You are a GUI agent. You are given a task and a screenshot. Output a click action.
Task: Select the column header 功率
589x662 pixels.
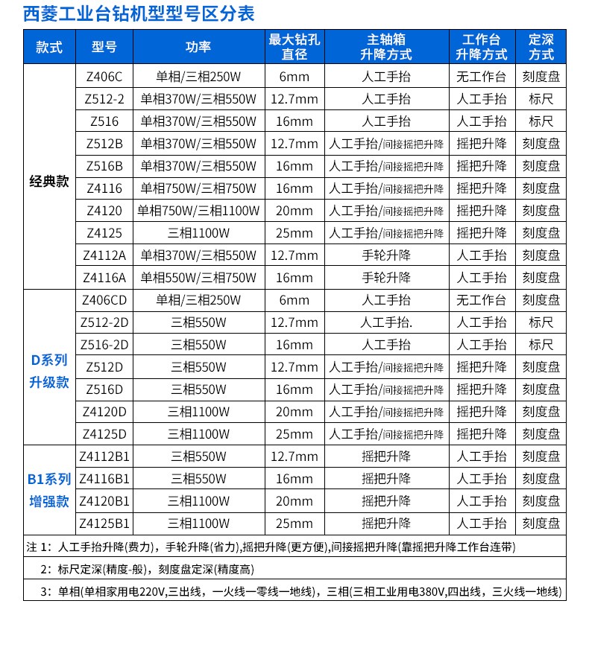pyautogui.click(x=198, y=46)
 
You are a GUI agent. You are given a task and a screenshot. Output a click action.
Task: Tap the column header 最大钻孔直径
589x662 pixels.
pyautogui.click(x=294, y=46)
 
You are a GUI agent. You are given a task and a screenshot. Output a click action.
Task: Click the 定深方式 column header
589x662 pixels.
pyautogui.click(x=541, y=46)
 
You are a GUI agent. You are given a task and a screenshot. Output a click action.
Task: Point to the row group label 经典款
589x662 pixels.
pyautogui.click(x=49, y=181)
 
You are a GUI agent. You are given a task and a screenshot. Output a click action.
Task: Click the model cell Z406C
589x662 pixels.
pyautogui.click(x=104, y=77)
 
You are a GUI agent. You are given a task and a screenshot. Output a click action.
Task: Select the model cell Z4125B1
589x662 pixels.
pyautogui.click(x=104, y=523)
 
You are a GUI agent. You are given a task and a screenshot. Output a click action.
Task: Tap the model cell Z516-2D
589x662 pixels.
pyautogui.click(x=104, y=345)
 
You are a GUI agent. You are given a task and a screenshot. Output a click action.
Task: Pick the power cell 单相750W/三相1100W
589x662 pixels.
pyautogui.click(x=198, y=211)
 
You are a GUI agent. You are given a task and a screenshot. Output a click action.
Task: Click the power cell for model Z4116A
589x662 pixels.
pyautogui.click(x=198, y=278)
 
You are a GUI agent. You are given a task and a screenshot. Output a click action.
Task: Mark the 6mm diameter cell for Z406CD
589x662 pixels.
pyautogui.click(x=294, y=300)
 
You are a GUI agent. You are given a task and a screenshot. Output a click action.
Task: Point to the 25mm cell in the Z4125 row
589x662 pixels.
pyautogui.click(x=294, y=233)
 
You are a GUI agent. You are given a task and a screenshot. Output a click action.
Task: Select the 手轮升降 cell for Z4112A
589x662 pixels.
pyautogui.click(x=386, y=255)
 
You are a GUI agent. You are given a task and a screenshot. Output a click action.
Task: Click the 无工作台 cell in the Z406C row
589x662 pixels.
pyautogui.click(x=481, y=77)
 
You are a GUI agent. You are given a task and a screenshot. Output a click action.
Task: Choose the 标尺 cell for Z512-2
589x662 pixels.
pyautogui.click(x=541, y=99)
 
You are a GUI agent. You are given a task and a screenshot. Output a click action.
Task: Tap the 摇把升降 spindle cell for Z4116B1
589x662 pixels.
pyautogui.click(x=386, y=479)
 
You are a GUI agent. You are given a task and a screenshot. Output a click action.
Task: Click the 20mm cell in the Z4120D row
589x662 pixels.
pyautogui.click(x=294, y=412)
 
